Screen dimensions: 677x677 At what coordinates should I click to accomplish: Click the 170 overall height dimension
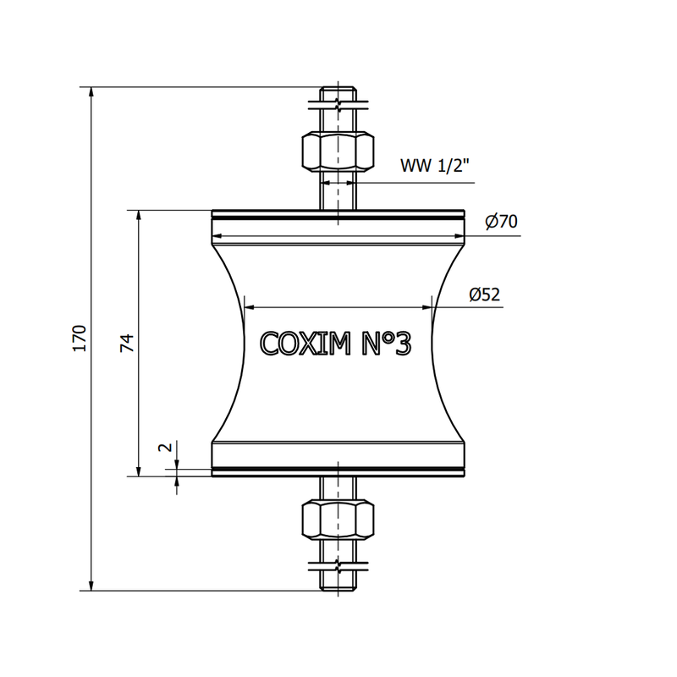[x=80, y=338]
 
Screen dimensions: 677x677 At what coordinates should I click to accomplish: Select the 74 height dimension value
[x=127, y=343]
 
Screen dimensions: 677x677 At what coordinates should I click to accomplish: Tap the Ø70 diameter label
[x=501, y=223]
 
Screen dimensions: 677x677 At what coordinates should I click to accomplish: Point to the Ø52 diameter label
[x=485, y=294]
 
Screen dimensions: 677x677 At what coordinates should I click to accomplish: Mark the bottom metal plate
[x=338, y=471]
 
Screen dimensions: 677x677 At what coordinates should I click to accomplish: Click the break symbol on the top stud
[x=338, y=107]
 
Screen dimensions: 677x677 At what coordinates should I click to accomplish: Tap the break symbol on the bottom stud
[x=338, y=564]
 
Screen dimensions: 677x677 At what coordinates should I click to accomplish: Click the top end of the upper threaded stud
[x=338, y=90]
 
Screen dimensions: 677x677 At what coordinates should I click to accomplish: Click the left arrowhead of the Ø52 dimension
[x=247, y=307]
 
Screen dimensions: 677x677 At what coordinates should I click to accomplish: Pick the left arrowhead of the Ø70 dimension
[x=215, y=236]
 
